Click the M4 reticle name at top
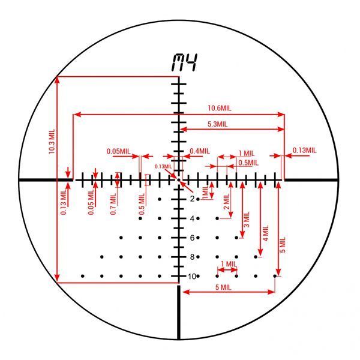click(185, 62)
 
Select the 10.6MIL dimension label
click(220, 108)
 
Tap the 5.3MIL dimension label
click(217, 124)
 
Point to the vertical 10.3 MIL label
click(52, 141)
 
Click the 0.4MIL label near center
click(200, 151)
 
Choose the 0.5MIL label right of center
click(248, 163)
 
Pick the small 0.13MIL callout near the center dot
click(163, 166)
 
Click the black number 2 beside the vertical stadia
click(192, 199)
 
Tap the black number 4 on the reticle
click(192, 218)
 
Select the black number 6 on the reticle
click(192, 238)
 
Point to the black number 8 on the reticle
click(192, 257)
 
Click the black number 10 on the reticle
click(192, 277)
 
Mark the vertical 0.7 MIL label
click(113, 204)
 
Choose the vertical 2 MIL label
click(227, 202)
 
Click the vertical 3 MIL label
click(246, 220)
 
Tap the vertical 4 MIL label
click(266, 233)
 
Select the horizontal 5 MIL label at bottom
click(223, 287)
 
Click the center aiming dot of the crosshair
click(179, 179)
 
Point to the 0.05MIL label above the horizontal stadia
click(118, 151)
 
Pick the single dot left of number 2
click(160, 199)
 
